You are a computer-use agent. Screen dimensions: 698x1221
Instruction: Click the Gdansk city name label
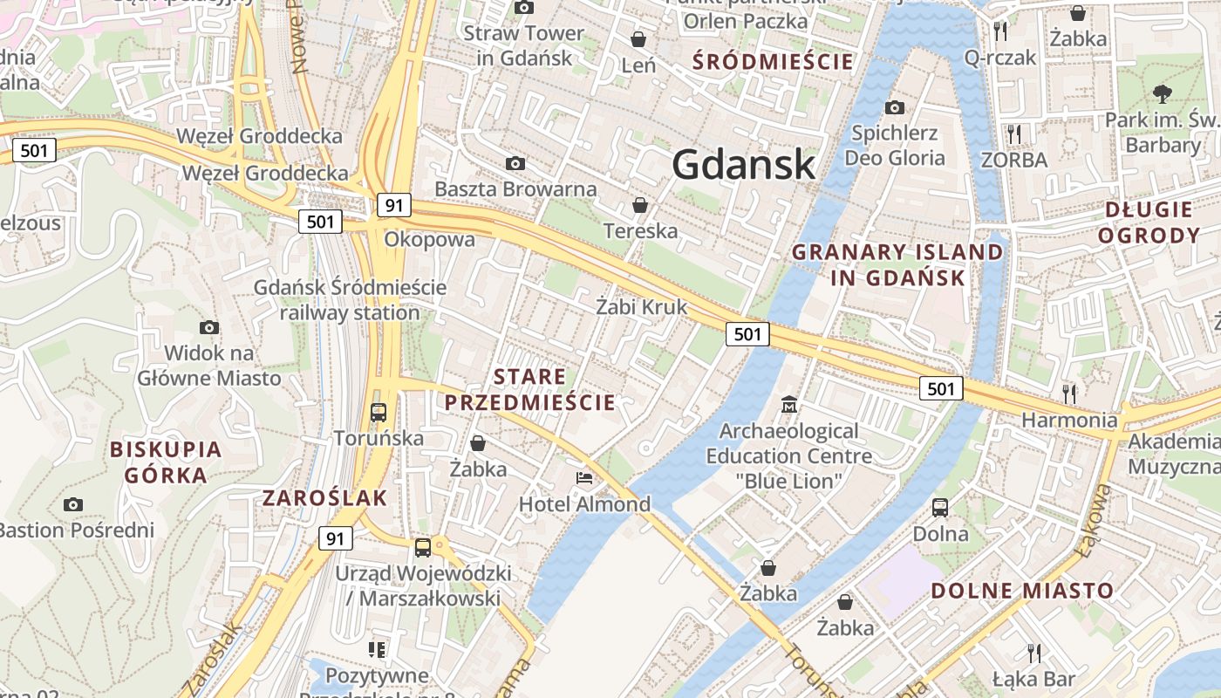[x=744, y=165]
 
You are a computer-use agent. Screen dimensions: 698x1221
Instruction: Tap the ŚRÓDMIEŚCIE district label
[x=773, y=61]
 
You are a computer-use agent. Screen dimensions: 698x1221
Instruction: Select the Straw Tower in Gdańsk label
[x=524, y=45]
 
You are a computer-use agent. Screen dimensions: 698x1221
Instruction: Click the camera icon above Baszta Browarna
[x=515, y=163]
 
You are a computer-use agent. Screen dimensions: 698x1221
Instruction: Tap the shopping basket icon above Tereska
[x=640, y=205]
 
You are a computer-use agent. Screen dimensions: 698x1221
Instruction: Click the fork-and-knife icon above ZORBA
[x=1013, y=134]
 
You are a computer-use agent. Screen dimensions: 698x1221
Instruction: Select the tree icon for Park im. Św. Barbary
[x=1162, y=94]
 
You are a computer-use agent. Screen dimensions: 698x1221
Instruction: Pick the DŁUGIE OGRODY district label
[x=1149, y=222]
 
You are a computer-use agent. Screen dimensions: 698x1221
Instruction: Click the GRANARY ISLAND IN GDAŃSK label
[x=897, y=265]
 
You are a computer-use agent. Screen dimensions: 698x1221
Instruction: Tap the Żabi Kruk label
[x=642, y=307]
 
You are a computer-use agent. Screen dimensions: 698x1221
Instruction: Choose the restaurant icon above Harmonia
[x=1069, y=393]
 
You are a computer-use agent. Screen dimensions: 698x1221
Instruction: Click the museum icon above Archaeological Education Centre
[x=789, y=405]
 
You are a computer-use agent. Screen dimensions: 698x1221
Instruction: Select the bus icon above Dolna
[x=940, y=507]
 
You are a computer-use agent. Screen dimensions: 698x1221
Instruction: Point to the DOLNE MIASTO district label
[x=1022, y=591]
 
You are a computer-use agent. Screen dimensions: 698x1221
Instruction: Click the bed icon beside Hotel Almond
[x=583, y=478]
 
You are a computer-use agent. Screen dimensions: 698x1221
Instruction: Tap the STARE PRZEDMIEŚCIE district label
[x=530, y=390]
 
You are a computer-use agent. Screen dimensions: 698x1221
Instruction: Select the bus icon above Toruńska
[x=379, y=412]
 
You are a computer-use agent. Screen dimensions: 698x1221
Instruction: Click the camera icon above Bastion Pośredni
[x=73, y=504]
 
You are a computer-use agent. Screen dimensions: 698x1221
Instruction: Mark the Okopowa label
[x=430, y=240]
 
